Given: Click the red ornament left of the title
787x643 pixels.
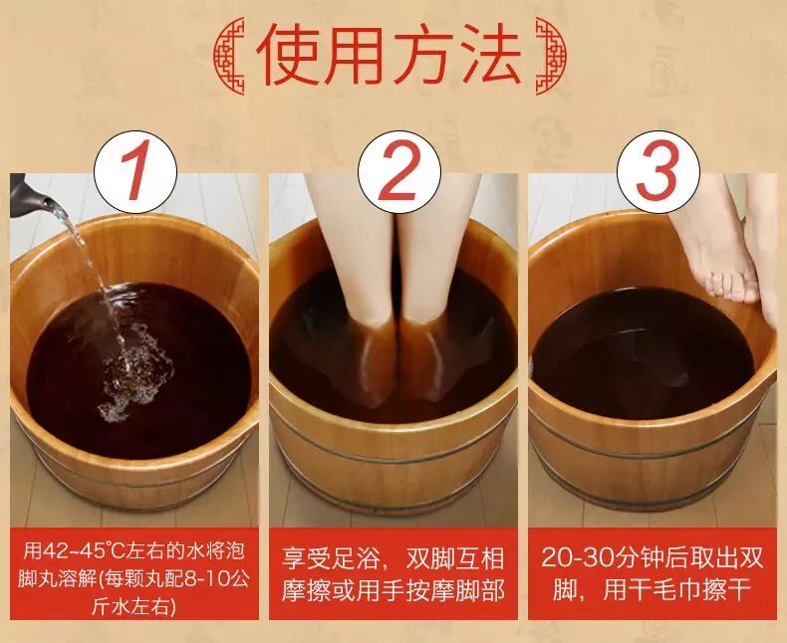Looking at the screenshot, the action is (229, 56).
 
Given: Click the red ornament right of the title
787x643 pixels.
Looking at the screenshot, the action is (551, 56).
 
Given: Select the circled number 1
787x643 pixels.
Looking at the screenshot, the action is (135, 171).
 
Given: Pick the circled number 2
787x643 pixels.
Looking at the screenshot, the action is (399, 171).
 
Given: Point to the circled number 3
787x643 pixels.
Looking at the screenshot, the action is (658, 171).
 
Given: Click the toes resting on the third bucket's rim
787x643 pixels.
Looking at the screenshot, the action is (730, 286).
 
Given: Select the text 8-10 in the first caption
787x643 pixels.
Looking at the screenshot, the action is (207, 579).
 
